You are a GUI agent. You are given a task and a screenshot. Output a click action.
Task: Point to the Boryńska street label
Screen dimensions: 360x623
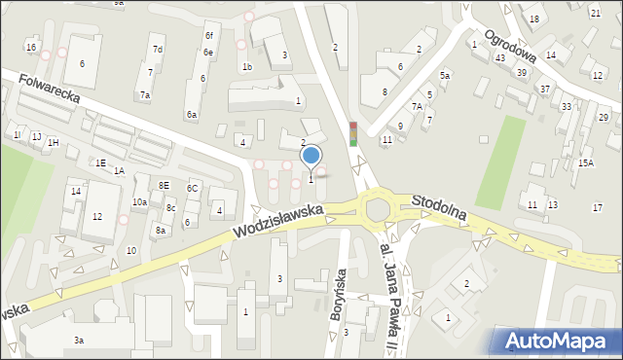[x=342, y=289]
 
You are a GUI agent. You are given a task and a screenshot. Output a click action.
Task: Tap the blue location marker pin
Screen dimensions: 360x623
[x=311, y=155]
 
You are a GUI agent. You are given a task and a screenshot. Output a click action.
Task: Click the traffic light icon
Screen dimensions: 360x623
[x=352, y=133]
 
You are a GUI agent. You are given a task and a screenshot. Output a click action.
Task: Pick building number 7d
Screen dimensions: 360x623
[x=157, y=49]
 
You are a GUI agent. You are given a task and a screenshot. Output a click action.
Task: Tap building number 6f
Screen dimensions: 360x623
[x=208, y=35]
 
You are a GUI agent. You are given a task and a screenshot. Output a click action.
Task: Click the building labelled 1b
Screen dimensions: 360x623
[x=247, y=66]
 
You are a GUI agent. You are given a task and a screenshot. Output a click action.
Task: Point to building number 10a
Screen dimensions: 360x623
[x=139, y=201]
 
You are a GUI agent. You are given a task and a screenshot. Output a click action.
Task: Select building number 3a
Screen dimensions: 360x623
[x=79, y=340]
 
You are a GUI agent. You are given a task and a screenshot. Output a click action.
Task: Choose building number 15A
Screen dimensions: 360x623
[x=585, y=163]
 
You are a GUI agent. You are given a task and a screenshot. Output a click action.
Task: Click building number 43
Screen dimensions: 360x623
[x=499, y=58]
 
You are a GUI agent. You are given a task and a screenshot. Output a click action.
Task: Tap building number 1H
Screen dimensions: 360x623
[x=53, y=143]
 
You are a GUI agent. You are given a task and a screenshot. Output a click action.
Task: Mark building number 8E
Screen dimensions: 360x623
[x=165, y=185]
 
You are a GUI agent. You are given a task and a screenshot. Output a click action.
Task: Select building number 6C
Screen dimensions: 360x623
[x=193, y=188]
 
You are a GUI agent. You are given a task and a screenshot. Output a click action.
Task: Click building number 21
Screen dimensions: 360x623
[x=595, y=13]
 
